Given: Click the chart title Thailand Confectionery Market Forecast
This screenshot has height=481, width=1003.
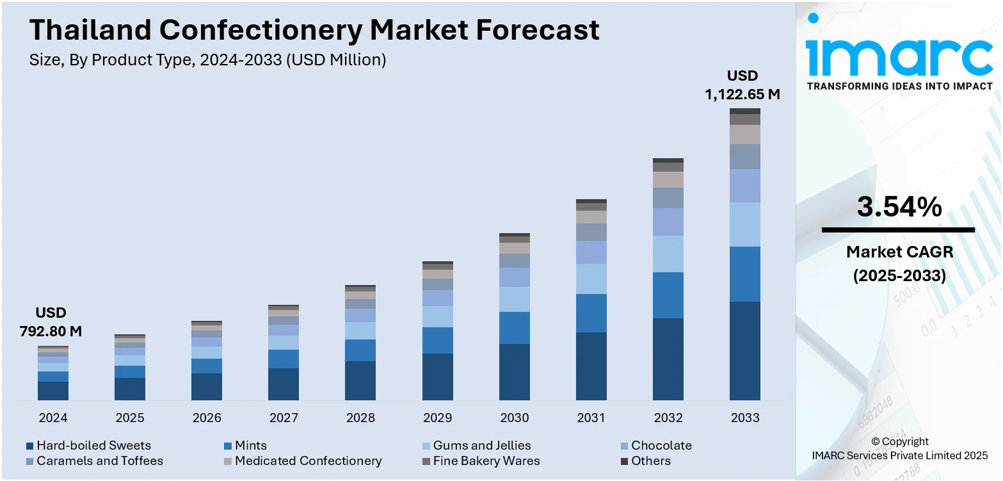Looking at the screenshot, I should pos(314,30).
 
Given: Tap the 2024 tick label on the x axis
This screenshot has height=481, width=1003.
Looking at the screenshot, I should pos(53,418).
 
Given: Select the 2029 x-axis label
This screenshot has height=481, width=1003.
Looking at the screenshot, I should pos(437,418).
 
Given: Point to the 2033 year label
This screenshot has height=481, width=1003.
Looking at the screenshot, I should pos(745,418).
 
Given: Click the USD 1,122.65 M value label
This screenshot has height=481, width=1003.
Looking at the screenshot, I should pos(742,85).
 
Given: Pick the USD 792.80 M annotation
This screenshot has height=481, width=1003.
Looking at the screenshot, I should pos(51,322).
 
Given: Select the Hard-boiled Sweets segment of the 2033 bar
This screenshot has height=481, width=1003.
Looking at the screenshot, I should pos(745,351).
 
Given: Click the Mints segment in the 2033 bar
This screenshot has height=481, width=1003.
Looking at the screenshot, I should pos(745,274).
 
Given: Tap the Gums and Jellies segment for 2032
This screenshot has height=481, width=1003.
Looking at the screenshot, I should pos(668,254).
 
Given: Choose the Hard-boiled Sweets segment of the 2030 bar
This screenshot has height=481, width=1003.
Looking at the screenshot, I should pos(515,372).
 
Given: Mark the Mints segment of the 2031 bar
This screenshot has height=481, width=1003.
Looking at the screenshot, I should pos(591,313).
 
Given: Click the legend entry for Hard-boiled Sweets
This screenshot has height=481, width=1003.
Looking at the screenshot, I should pos(93,446).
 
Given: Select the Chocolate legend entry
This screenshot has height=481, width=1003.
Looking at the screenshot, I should pos(661,446).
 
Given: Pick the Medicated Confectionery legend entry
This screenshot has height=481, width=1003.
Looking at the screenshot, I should pos(307,461).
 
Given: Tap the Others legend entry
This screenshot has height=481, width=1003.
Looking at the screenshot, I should pos(650,461).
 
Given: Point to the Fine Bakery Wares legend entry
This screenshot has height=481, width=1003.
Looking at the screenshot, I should pos(486,461).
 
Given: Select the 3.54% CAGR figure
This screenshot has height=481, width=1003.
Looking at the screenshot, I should pos(899,207).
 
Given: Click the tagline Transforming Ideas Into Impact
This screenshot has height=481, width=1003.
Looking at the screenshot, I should pos(899,86).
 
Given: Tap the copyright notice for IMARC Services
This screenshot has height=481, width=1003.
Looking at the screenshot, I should pos(899,449).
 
